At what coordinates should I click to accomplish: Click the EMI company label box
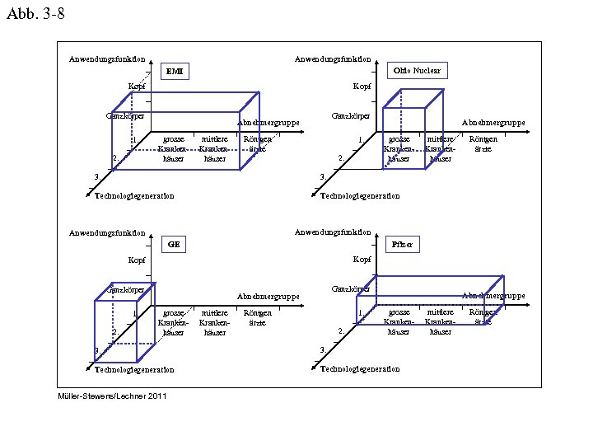[175, 72]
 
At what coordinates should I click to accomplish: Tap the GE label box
[173, 245]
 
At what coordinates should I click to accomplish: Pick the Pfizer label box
[403, 245]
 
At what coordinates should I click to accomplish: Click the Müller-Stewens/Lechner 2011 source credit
[112, 396]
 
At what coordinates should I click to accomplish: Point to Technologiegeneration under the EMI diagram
[134, 196]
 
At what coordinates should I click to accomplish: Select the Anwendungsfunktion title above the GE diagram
[107, 232]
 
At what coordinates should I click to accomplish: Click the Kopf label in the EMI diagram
[137, 87]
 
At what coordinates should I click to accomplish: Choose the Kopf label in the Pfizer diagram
[362, 260]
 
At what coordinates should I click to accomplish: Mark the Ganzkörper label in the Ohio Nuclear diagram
[350, 116]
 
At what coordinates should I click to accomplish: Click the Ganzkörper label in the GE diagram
[128, 289]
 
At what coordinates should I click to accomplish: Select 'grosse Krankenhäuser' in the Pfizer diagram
[399, 322]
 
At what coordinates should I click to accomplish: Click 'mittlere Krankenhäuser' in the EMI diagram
[214, 149]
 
